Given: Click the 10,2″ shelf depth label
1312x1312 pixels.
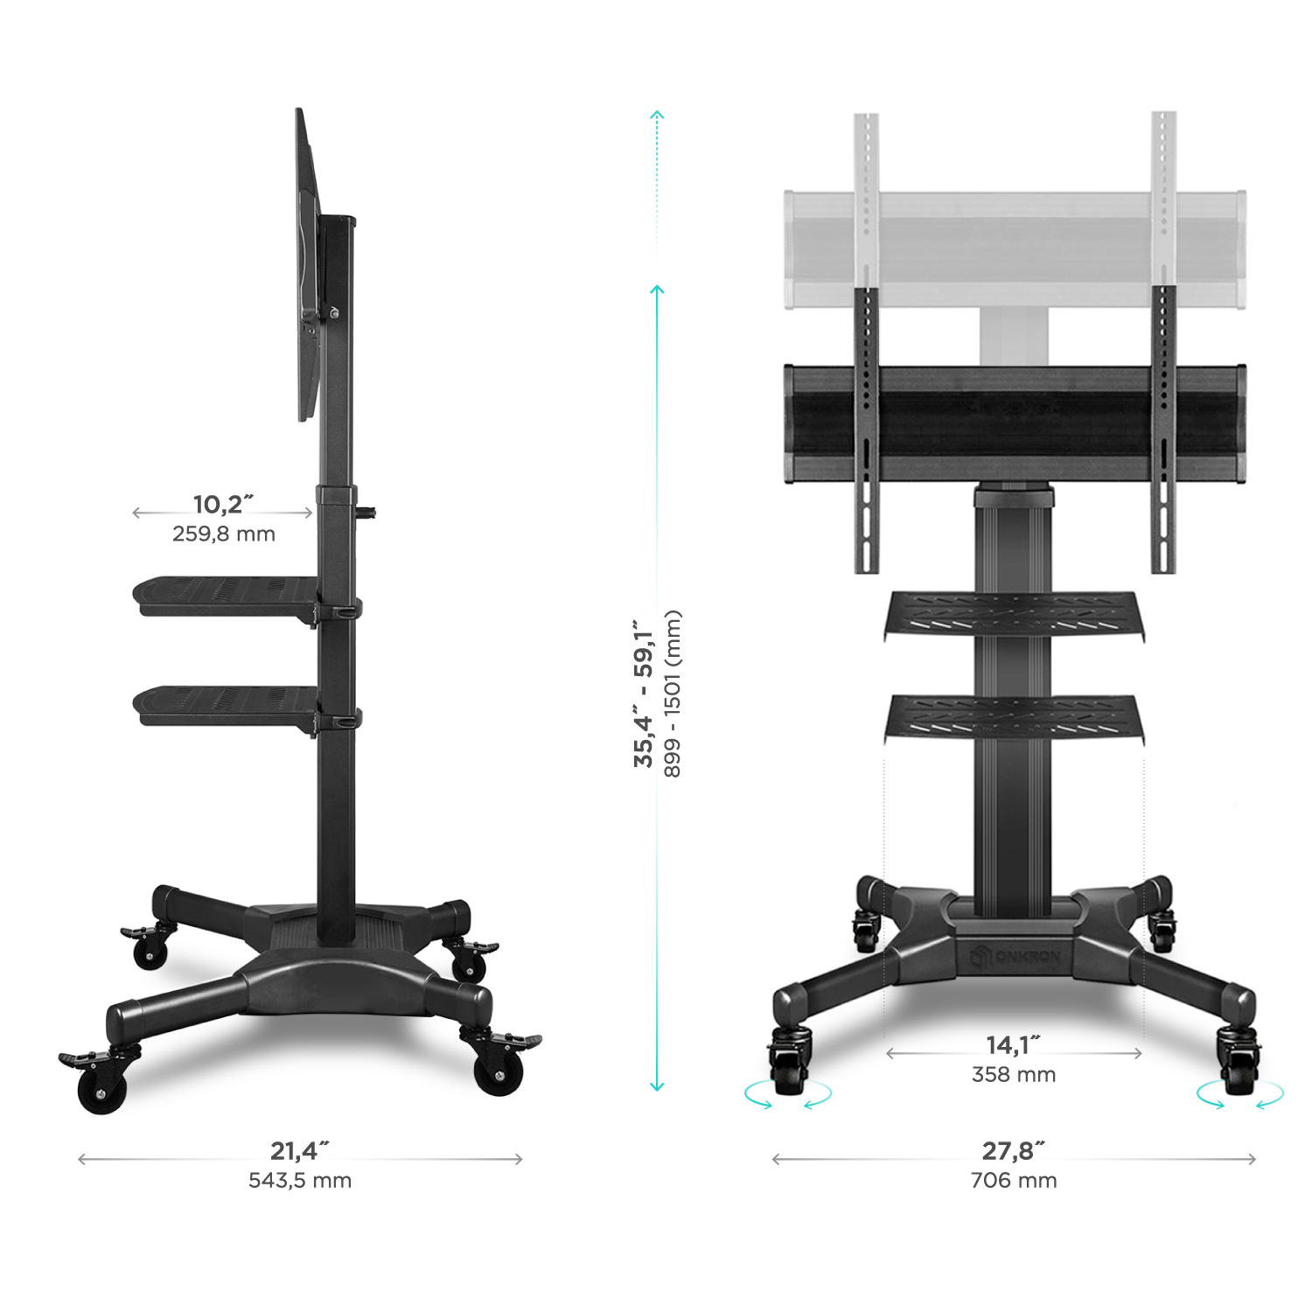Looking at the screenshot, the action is (223, 505).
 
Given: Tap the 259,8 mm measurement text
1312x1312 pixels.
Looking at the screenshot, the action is (224, 534).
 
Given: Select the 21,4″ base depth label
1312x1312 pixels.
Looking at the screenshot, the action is (299, 1150).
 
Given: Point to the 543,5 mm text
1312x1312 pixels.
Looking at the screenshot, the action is (300, 1181).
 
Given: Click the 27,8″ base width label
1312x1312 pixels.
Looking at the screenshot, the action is (1014, 1150).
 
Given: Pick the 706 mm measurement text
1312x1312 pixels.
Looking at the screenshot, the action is (1014, 1181).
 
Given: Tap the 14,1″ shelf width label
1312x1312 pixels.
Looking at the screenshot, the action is (1014, 1045).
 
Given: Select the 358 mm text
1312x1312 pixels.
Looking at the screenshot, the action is (1014, 1075).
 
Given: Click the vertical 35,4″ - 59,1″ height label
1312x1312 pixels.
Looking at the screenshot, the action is (645, 693).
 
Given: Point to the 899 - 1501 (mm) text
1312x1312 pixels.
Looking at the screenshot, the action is (672, 694).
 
